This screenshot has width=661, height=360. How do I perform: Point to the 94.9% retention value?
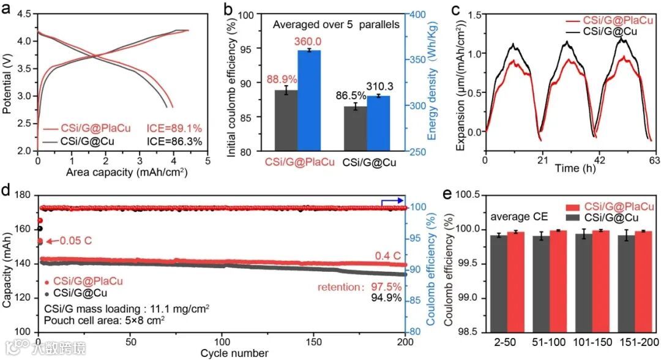coord(387,298)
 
